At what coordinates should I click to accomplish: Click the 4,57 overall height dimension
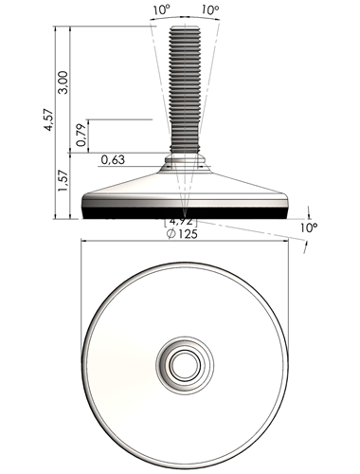point(49,120)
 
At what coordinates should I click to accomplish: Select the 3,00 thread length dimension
point(63,82)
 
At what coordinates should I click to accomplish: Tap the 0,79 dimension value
point(81,135)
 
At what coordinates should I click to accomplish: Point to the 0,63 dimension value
point(113,160)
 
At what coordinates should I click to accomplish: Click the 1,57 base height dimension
point(63,180)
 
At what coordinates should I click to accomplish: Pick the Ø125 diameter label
point(182,234)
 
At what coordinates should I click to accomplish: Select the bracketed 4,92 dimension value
point(181,221)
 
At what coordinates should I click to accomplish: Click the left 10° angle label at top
point(162,10)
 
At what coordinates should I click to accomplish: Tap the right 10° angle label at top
point(210,10)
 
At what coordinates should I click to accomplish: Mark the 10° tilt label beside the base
point(309,228)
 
